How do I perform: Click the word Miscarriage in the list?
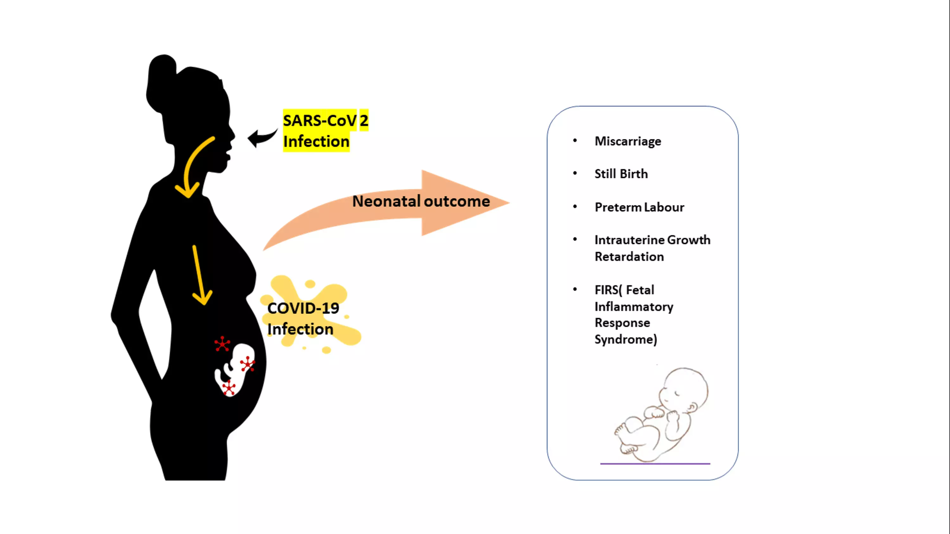pos(628,141)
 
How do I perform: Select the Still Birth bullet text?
pos(621,173)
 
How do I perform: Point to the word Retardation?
pos(629,256)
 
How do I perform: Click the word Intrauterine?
pos(630,240)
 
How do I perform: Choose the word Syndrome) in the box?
pos(626,339)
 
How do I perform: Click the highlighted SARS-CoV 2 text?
pos(325,121)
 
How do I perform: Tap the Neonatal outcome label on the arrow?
pos(421,201)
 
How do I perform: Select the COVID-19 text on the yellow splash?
pos(303,308)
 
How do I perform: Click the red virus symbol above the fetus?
pos(222,344)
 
